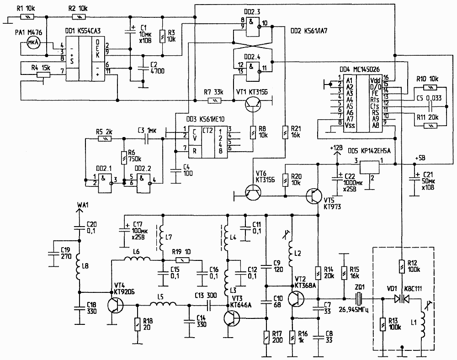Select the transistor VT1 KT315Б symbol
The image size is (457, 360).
click(251, 104)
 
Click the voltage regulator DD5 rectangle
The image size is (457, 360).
click(371, 167)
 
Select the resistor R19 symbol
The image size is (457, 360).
click(182, 259)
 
